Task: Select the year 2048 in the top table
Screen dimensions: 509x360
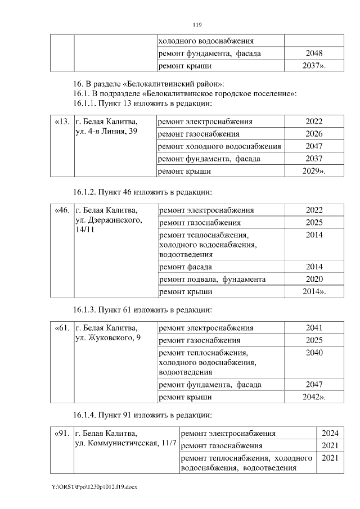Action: (x=314, y=53)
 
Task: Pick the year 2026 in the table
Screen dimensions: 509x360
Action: (x=314, y=134)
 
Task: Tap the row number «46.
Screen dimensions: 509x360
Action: (x=62, y=210)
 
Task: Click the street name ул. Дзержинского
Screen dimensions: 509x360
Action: (x=107, y=220)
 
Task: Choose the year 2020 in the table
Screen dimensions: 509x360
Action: (x=314, y=279)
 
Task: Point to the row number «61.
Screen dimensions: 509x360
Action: (x=62, y=328)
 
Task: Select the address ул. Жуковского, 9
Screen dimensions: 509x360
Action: (x=108, y=338)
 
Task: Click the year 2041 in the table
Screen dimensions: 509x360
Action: (x=314, y=328)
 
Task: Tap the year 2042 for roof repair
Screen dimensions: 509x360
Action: (x=314, y=397)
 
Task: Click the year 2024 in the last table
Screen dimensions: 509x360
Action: (x=330, y=434)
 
